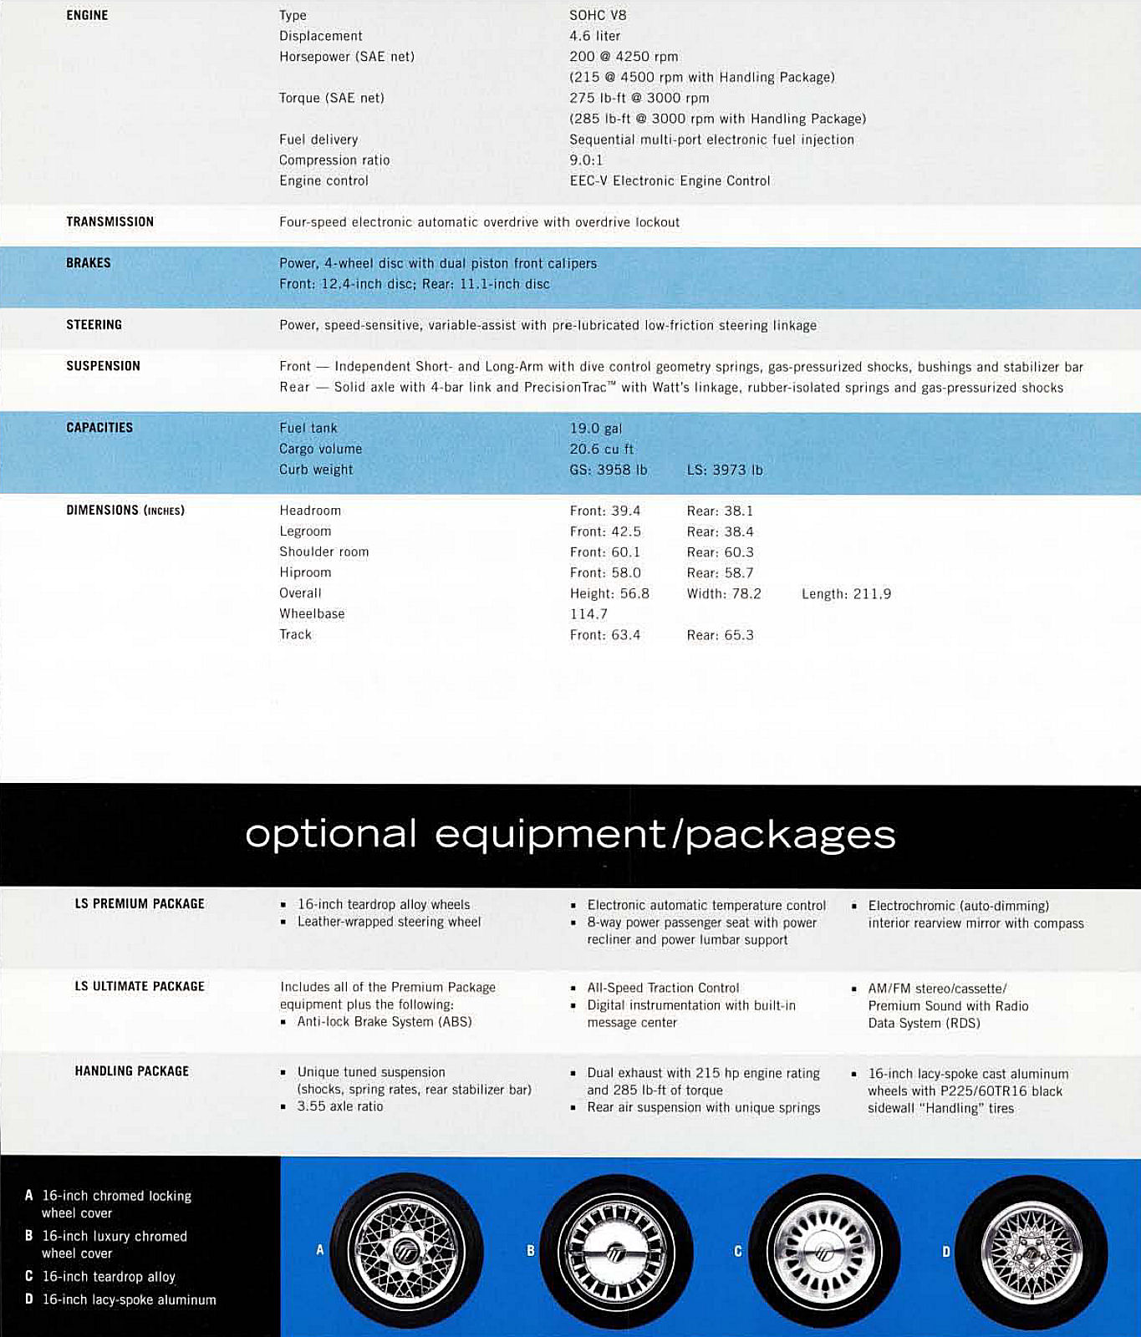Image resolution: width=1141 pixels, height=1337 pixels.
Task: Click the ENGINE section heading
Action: coord(87,15)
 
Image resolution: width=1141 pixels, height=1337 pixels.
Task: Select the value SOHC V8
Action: coord(598,15)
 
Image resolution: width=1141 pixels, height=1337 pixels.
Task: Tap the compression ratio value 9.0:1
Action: coord(586,160)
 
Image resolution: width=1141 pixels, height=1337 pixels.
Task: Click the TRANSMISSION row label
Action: coord(110,221)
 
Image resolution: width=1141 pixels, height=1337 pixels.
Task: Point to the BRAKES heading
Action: coord(88,262)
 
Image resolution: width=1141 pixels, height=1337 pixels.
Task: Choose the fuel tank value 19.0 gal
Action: coord(595,428)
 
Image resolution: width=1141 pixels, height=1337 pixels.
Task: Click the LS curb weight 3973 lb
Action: coord(725,470)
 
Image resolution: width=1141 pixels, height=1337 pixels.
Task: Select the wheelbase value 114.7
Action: coord(588,613)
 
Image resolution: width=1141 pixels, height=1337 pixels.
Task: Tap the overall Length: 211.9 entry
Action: coord(846,593)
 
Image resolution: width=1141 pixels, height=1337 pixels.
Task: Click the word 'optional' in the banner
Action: coord(330,833)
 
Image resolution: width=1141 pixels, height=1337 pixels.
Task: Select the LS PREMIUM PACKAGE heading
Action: coord(140,903)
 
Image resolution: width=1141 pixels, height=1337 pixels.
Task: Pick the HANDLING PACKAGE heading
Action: coord(131,1070)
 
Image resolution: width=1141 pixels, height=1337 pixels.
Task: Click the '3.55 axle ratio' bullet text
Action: coord(339,1106)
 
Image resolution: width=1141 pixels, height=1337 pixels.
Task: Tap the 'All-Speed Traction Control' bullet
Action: coord(662,988)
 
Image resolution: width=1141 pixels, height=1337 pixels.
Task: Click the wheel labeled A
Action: coord(406,1250)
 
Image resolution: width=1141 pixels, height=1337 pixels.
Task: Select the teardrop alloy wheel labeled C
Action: coord(824,1250)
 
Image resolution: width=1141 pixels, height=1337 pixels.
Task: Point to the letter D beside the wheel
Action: coord(946,1251)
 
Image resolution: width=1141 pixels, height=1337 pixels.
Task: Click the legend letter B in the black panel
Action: coord(29,1236)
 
